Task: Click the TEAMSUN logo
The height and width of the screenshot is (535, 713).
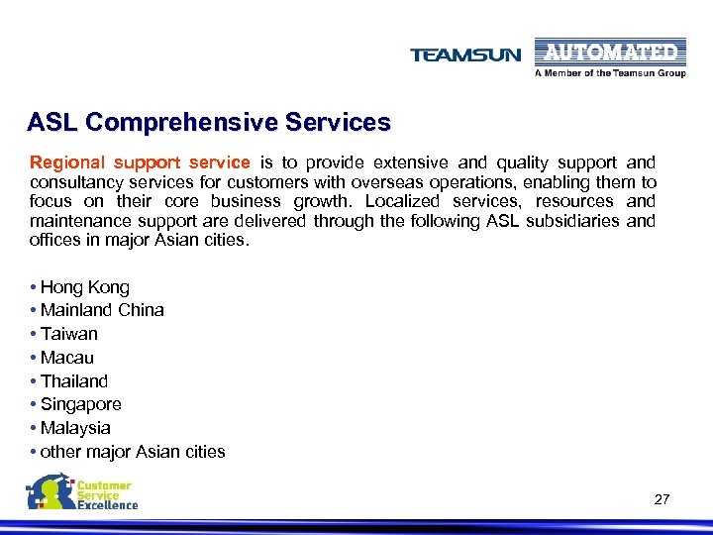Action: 464,54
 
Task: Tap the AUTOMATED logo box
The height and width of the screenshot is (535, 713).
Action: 610,52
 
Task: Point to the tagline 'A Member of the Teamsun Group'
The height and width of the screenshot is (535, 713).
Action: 610,73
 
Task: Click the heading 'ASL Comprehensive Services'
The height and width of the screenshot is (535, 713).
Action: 209,123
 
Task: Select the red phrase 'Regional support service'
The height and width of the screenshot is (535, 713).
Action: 140,161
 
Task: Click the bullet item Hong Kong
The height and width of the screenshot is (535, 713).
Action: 85,287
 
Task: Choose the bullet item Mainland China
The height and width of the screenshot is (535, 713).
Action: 102,310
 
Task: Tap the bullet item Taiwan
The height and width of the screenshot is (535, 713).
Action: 69,334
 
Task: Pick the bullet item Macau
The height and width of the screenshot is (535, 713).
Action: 67,358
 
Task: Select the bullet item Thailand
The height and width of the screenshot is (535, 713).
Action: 74,381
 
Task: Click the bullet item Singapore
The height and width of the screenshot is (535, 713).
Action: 81,404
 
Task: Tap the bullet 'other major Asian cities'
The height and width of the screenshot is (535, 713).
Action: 133,452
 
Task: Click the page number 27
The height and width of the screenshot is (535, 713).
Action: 662,499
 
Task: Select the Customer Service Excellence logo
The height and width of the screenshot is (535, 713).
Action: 83,492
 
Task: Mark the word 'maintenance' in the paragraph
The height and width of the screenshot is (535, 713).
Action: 78,221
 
